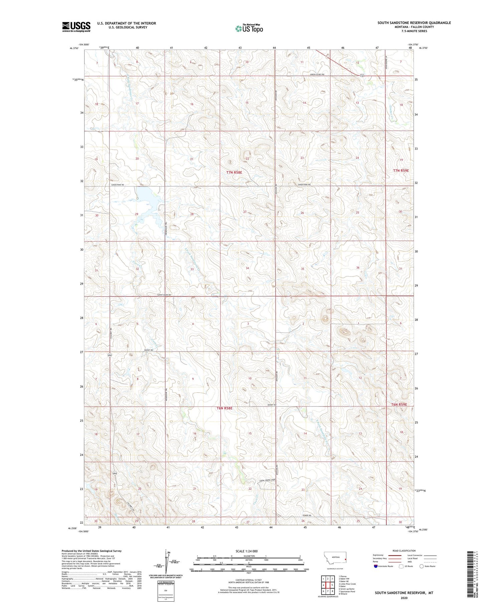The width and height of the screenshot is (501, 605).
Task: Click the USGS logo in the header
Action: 76,27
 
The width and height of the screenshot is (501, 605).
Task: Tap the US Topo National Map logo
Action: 249,28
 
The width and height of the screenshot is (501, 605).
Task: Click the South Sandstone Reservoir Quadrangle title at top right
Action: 414,23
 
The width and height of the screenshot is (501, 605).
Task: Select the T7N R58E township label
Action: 234,173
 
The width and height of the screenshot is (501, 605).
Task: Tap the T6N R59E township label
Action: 399,404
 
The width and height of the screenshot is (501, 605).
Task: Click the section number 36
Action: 358,268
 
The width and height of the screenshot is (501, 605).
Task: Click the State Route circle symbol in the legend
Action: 422,566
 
